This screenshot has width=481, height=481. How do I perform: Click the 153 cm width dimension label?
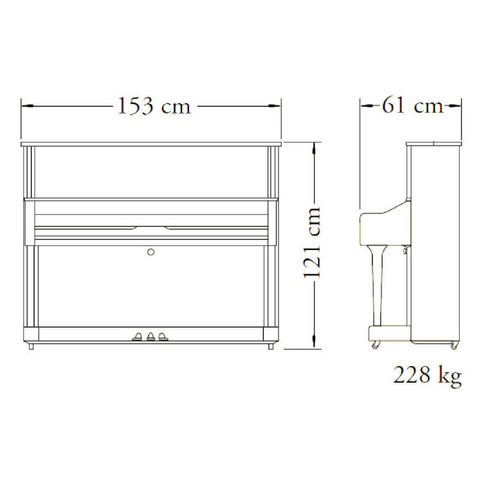(x=154, y=106)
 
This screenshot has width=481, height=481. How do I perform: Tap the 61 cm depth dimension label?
(x=412, y=105)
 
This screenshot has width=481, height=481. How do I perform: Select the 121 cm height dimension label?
(x=312, y=243)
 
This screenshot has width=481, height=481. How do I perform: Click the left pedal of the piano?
(x=137, y=337)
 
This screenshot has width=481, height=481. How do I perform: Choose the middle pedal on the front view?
(x=151, y=337)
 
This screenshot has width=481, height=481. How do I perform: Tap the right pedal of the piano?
(x=163, y=337)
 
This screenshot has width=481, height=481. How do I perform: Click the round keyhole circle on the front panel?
(x=151, y=252)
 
